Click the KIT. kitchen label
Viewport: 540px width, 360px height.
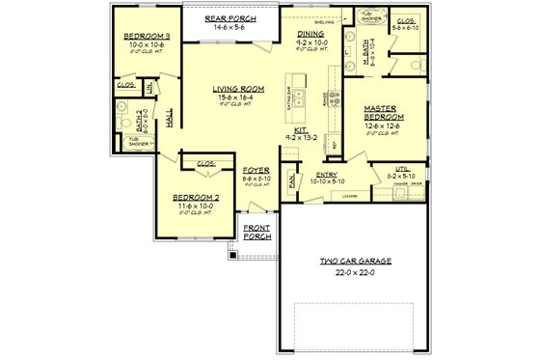300,129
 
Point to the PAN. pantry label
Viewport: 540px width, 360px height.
291,179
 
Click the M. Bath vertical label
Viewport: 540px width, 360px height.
361,67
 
